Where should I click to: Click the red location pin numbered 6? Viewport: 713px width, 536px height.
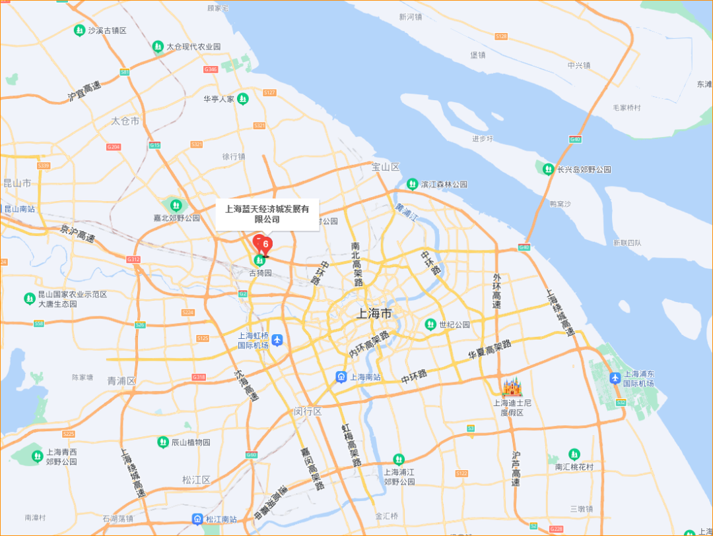coord(265,245)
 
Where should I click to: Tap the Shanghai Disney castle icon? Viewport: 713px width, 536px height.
coord(512,387)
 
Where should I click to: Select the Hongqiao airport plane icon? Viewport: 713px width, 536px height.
coord(277,340)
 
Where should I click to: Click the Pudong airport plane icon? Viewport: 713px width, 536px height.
coord(615,378)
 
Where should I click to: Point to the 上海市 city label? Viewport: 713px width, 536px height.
coord(374,314)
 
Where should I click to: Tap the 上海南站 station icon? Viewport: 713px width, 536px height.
coord(341,377)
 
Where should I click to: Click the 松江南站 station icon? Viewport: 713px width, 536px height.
coord(197,519)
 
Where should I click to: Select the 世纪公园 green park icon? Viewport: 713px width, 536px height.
coord(430,324)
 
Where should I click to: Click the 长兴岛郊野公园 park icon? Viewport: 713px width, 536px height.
coord(548,169)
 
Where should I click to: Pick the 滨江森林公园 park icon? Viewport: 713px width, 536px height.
coord(412,184)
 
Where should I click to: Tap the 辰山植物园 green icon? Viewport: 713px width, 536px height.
coord(162,442)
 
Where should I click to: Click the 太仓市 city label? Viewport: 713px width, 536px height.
coord(125,121)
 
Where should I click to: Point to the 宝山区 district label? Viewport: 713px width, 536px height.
coord(386,167)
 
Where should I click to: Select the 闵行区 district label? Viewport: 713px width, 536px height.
coord(308,412)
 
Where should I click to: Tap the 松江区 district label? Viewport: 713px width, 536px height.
coord(196,480)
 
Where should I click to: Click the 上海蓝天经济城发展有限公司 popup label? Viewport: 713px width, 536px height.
coord(267,214)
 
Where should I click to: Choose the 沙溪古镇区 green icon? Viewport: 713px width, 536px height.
coord(79,30)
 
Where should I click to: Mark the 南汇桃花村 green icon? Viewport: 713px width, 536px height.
coord(574,454)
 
